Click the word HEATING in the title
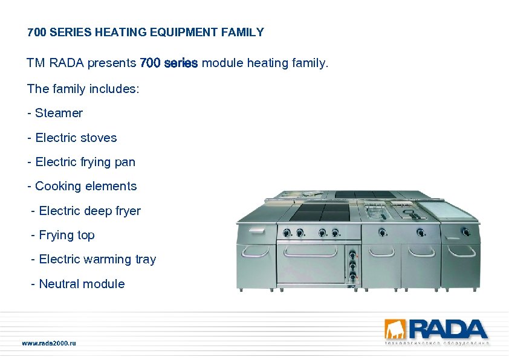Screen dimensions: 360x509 pyautogui.click(x=120, y=33)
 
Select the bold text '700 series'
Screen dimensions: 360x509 pyautogui.click(x=169, y=63)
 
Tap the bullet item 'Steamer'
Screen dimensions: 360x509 pyautogui.click(x=59, y=113)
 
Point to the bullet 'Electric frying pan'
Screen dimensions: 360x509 pyautogui.click(x=85, y=162)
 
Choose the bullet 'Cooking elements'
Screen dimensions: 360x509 pyautogui.click(x=86, y=186)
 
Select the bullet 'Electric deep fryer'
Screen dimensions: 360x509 pyautogui.click(x=89, y=211)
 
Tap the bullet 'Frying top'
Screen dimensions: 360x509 pyautogui.click(x=66, y=235)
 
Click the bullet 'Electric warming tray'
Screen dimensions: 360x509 pyautogui.click(x=97, y=259)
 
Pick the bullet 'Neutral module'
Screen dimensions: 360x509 pyautogui.click(x=82, y=284)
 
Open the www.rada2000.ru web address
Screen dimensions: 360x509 pyautogui.click(x=49, y=343)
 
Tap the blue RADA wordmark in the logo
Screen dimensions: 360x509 pyautogui.click(x=448, y=329)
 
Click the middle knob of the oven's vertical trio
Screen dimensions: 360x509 pyautogui.click(x=351, y=264)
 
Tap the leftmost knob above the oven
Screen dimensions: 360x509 pyautogui.click(x=285, y=231)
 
